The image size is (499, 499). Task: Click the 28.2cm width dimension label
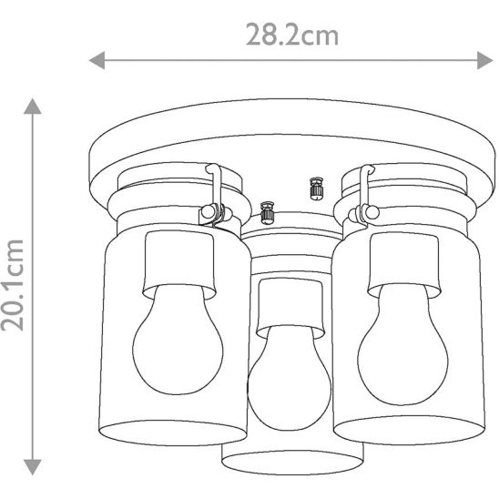292,35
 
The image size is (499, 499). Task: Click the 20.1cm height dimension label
13,285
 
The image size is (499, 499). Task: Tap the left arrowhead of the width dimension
97,60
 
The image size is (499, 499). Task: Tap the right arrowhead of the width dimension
485,60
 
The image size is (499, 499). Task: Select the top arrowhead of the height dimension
33,107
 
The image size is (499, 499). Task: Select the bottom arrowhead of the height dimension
33,467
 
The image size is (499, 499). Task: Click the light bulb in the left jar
178,340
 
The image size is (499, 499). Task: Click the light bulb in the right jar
402,344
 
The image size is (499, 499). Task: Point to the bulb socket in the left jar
178,265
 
